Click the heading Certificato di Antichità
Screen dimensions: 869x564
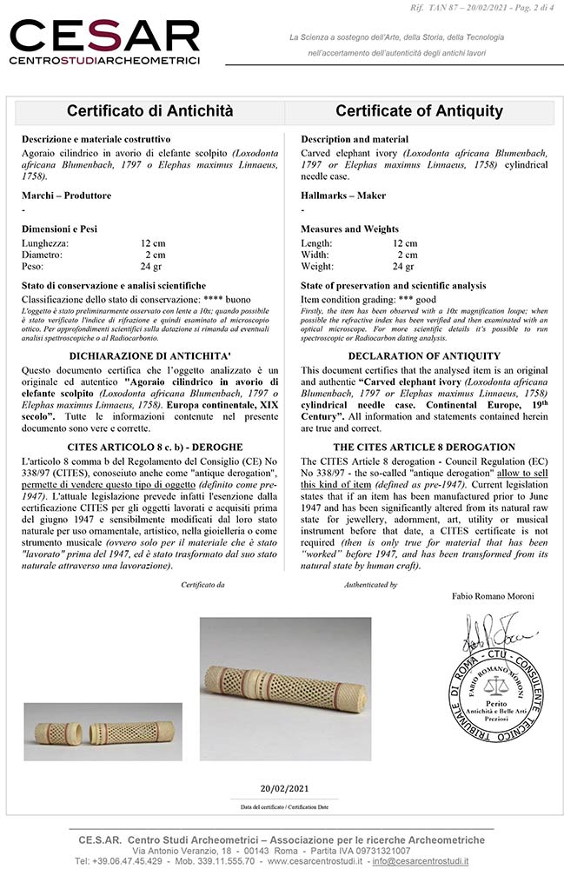point(149,111)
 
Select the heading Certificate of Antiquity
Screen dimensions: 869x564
point(419,111)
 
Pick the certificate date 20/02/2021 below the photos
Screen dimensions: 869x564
point(285,788)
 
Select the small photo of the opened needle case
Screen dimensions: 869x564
point(103,732)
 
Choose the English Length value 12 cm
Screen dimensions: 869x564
point(404,242)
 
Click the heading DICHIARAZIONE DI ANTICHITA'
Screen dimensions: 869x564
point(150,356)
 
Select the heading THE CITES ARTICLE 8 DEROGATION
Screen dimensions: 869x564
point(424,447)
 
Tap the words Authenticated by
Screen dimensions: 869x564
point(371,585)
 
